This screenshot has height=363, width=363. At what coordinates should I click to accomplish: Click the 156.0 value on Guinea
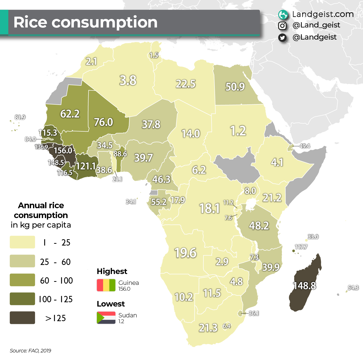63,150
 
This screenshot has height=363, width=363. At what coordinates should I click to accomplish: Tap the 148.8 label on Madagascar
304,286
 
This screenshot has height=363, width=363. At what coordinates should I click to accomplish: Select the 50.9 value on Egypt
235,87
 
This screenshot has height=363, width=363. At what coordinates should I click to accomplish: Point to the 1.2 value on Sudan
238,131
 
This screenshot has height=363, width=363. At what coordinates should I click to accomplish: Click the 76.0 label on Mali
103,122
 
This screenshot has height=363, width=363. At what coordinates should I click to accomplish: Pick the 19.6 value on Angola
186,253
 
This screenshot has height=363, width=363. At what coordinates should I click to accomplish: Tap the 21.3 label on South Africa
208,328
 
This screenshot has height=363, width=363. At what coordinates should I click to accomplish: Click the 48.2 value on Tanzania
259,226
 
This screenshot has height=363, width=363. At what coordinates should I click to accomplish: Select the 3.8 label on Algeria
128,80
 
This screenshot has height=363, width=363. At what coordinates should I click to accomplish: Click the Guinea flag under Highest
106,285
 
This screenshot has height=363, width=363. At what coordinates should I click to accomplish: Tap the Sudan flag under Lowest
106,318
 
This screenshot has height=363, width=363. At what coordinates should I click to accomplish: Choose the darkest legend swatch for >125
22,318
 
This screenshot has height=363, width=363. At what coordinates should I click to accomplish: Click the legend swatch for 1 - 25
22,242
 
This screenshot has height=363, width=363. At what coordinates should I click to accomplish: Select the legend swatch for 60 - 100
22,280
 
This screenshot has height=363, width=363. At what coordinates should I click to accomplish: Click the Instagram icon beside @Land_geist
282,25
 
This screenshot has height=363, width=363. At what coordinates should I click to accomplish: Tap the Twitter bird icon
282,38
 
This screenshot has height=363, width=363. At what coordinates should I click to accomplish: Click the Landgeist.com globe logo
283,15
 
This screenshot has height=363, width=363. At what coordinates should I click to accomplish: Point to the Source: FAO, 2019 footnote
30,351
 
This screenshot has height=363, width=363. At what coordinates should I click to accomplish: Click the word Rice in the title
30,22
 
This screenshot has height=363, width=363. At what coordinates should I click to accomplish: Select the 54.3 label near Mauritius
353,288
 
